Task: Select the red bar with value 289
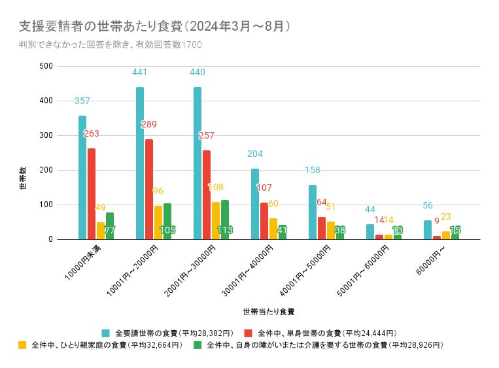[x=149, y=190]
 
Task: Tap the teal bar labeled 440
[x=198, y=163]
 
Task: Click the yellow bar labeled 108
[x=216, y=221]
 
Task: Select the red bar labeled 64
[x=322, y=228]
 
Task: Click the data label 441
[x=140, y=73]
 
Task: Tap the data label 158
[x=312, y=171]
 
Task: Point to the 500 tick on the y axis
[x=46, y=66]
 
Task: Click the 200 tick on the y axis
[x=46, y=170]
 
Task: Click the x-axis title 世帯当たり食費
[x=268, y=311]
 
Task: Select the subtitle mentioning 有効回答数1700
[x=111, y=44]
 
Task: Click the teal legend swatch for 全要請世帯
[x=106, y=333]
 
